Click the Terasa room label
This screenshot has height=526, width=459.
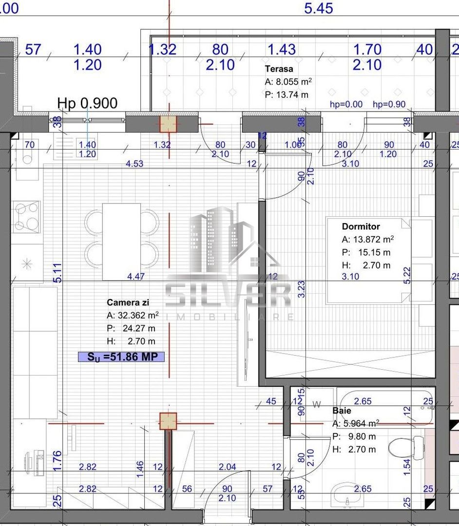click(x=279, y=69)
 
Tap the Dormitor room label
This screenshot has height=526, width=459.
click(x=361, y=226)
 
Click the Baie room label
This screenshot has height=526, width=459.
click(x=342, y=411)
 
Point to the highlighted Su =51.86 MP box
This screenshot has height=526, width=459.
click(x=121, y=357)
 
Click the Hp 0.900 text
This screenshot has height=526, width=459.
click(x=87, y=103)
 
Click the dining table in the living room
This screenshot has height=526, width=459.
click(x=121, y=241)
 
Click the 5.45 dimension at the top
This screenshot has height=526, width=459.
click(x=318, y=8)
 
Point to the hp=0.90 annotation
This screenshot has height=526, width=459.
click(x=389, y=104)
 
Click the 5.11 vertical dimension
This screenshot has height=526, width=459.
click(x=57, y=272)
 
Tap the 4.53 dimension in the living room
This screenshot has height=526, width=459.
click(x=134, y=164)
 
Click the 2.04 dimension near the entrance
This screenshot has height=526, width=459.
click(x=227, y=467)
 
